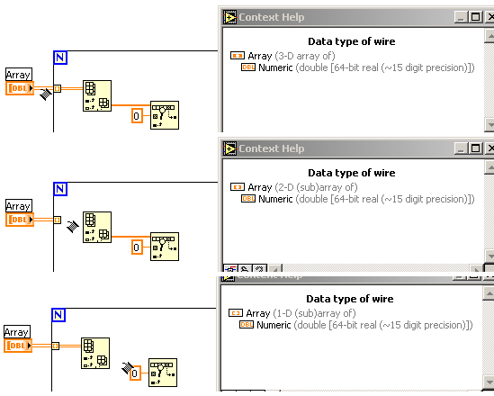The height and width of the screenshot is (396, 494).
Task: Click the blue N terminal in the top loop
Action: point(60,58)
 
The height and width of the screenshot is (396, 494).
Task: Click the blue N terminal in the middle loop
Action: point(60,189)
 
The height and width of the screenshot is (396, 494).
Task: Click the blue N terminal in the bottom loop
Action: point(58,315)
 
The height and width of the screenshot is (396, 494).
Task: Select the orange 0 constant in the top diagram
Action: point(137,116)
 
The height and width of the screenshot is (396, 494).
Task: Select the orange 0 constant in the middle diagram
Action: point(137,247)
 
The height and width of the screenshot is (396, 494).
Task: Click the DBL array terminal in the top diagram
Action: point(20,88)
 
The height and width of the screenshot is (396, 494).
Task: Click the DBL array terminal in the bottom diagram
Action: point(18,346)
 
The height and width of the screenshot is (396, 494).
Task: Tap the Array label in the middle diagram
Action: point(19,206)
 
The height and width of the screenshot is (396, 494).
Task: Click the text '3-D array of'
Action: point(305,56)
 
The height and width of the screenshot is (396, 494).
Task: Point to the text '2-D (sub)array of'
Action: point(317,187)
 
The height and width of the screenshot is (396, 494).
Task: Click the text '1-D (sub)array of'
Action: point(315,313)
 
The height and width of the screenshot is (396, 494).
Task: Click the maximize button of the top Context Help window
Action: point(475,17)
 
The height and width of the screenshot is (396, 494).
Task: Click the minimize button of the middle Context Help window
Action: point(461,148)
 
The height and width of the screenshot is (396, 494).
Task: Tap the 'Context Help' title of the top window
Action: point(272,17)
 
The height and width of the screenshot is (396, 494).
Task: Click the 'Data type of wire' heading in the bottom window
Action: point(350,299)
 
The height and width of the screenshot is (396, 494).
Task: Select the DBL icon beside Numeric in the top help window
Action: point(248,67)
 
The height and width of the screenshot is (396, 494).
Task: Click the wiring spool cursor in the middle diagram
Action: point(73,226)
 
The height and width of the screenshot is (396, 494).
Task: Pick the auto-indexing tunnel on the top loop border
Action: point(57,88)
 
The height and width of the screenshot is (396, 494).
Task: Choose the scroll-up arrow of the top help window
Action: point(490,36)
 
